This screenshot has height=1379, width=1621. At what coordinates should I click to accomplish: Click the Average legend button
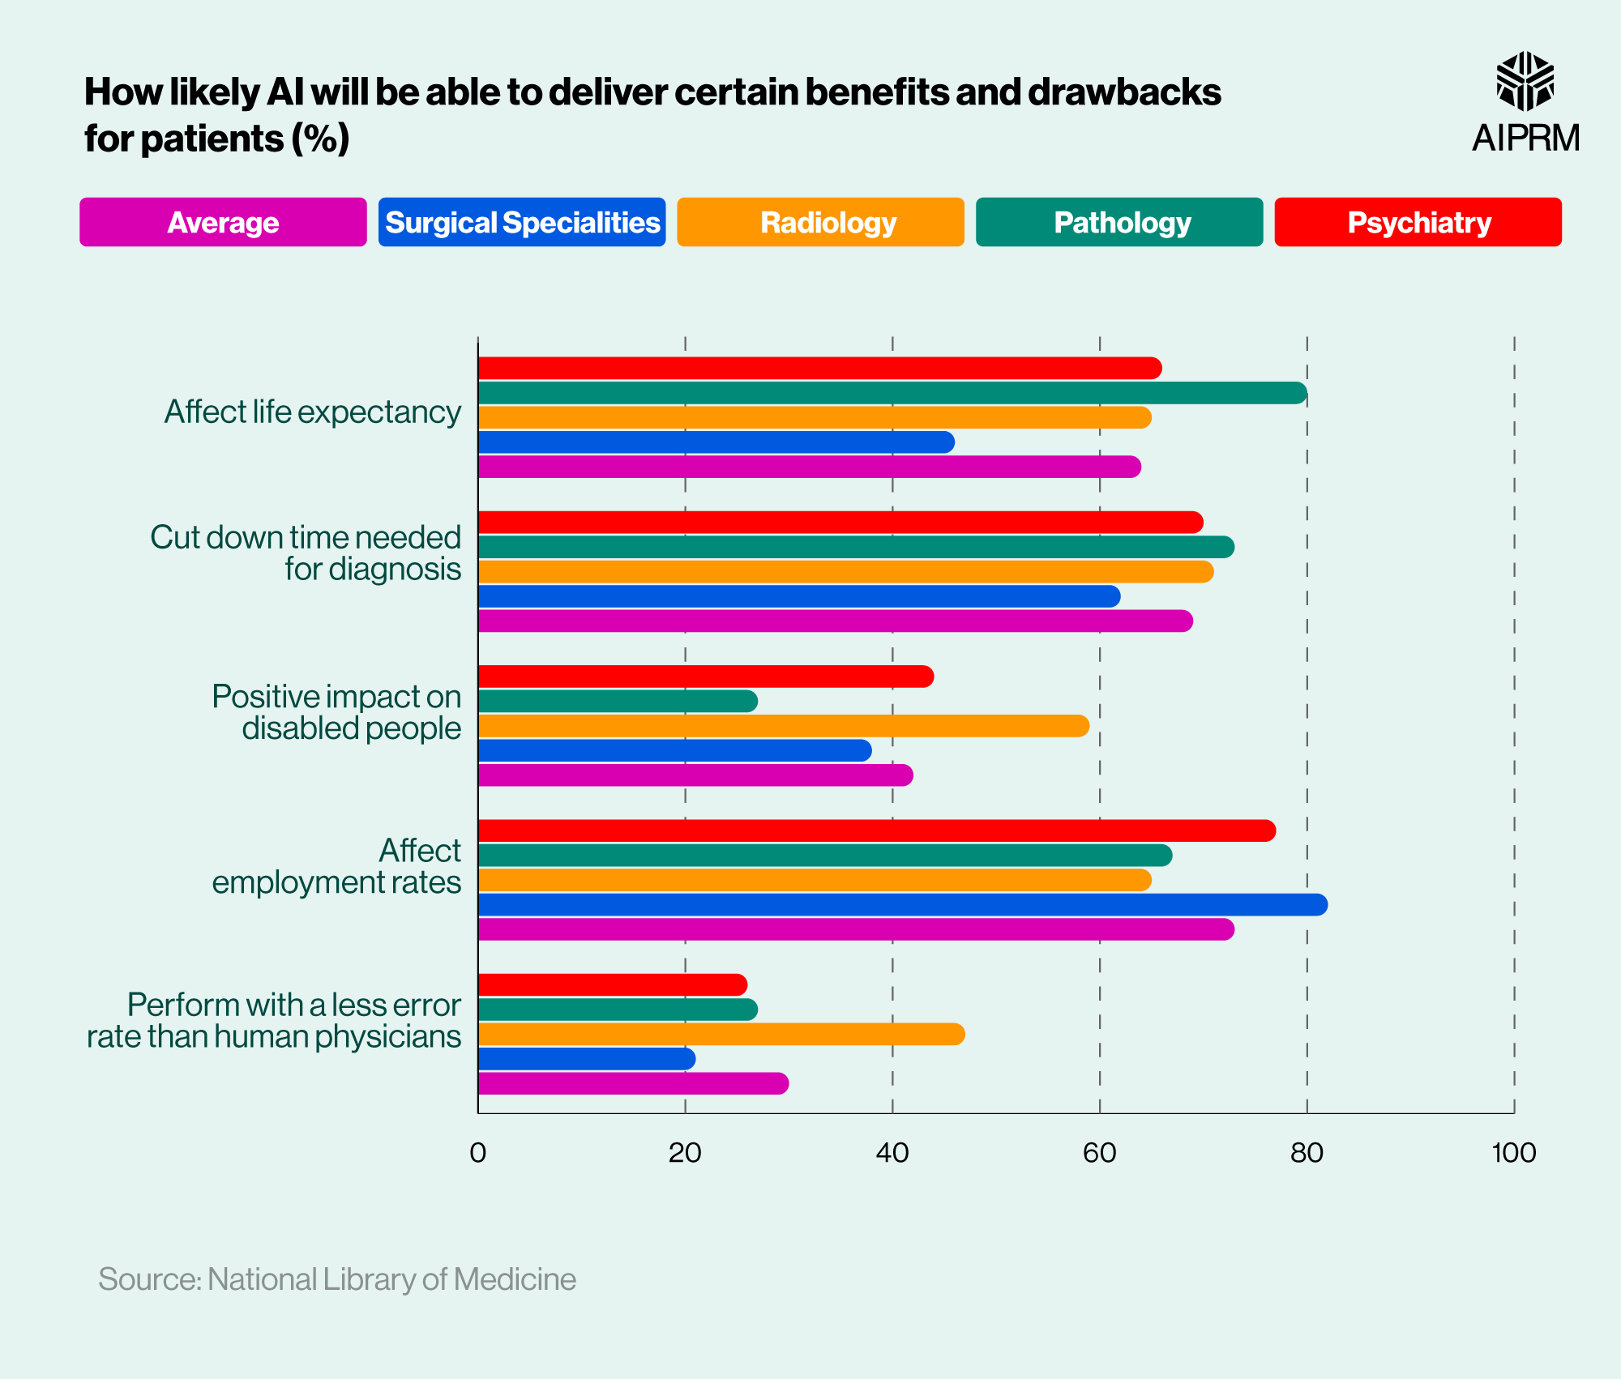(x=223, y=222)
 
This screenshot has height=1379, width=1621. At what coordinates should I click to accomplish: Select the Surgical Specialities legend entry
(x=522, y=222)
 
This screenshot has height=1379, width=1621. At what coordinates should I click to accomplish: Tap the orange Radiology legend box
(x=820, y=222)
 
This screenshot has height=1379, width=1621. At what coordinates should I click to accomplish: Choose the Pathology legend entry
(x=1119, y=222)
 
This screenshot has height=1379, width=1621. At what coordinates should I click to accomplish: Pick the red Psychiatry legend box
(x=1418, y=222)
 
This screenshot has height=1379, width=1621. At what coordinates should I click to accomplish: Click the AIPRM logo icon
(x=1525, y=81)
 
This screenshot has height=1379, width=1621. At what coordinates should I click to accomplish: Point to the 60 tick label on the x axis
(x=1099, y=1153)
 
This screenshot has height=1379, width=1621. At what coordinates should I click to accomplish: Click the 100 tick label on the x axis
(x=1513, y=1153)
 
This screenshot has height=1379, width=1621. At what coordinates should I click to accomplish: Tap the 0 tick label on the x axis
(x=478, y=1153)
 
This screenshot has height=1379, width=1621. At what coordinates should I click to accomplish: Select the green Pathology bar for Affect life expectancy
(x=892, y=393)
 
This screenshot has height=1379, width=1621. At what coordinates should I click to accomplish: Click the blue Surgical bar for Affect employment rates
(x=902, y=905)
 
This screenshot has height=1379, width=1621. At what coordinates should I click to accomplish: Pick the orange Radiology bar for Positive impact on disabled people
(x=783, y=726)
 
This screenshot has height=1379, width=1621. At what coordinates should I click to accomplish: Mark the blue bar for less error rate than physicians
(x=587, y=1059)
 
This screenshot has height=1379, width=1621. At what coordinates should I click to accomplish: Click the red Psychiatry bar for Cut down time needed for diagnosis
(x=840, y=523)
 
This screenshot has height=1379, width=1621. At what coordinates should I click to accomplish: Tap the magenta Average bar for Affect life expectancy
(x=809, y=467)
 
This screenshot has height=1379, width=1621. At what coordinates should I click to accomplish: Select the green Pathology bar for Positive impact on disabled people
(x=618, y=702)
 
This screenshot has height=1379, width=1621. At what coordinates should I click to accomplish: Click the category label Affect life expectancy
(x=313, y=412)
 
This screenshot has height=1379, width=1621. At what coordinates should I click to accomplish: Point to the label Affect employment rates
(x=337, y=866)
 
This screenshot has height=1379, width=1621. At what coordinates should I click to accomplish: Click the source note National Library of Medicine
(x=337, y=1279)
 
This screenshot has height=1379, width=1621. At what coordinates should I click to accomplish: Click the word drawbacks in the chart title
(x=1124, y=92)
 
